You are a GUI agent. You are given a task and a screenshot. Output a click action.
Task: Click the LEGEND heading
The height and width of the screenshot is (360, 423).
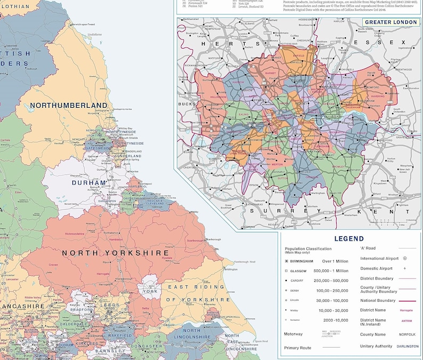coord(349,239)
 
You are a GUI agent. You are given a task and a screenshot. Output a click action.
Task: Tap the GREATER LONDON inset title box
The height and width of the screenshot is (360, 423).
coord(391,22)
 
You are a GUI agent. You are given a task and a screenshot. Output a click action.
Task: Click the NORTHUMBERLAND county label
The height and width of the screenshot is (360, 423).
coord(69,105)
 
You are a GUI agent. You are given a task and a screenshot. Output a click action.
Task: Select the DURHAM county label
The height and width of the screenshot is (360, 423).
coord(89,182)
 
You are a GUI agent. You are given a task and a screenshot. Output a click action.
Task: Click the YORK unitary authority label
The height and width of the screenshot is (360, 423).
coord(150,292)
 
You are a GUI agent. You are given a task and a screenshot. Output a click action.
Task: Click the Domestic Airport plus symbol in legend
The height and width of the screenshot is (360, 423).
coord(405,268)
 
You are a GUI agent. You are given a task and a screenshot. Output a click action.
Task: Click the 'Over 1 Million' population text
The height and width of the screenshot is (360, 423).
coord(335,261)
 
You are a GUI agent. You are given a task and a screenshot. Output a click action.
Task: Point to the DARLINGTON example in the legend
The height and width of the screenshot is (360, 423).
coord(408,346)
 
